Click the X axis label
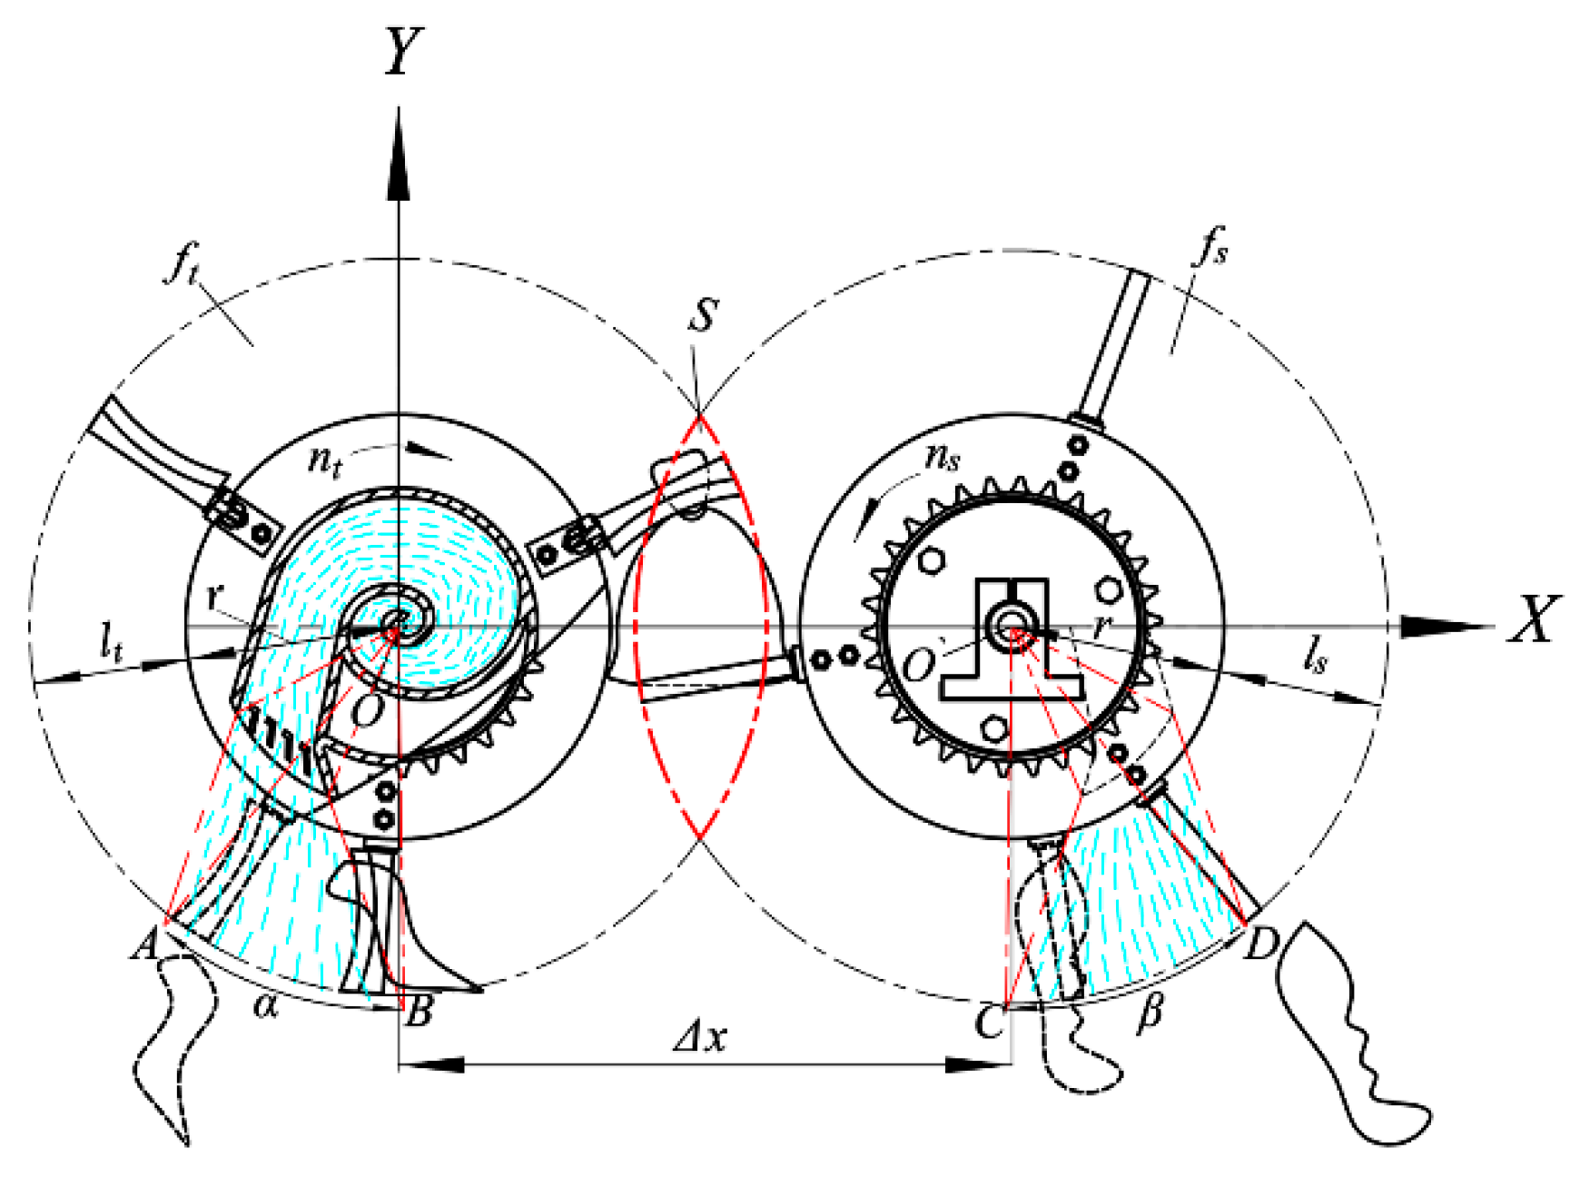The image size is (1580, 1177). (1534, 619)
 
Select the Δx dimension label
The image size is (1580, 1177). (700, 1036)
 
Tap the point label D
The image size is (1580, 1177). (1260, 945)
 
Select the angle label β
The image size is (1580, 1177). (1150, 1011)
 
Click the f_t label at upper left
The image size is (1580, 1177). (182, 266)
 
